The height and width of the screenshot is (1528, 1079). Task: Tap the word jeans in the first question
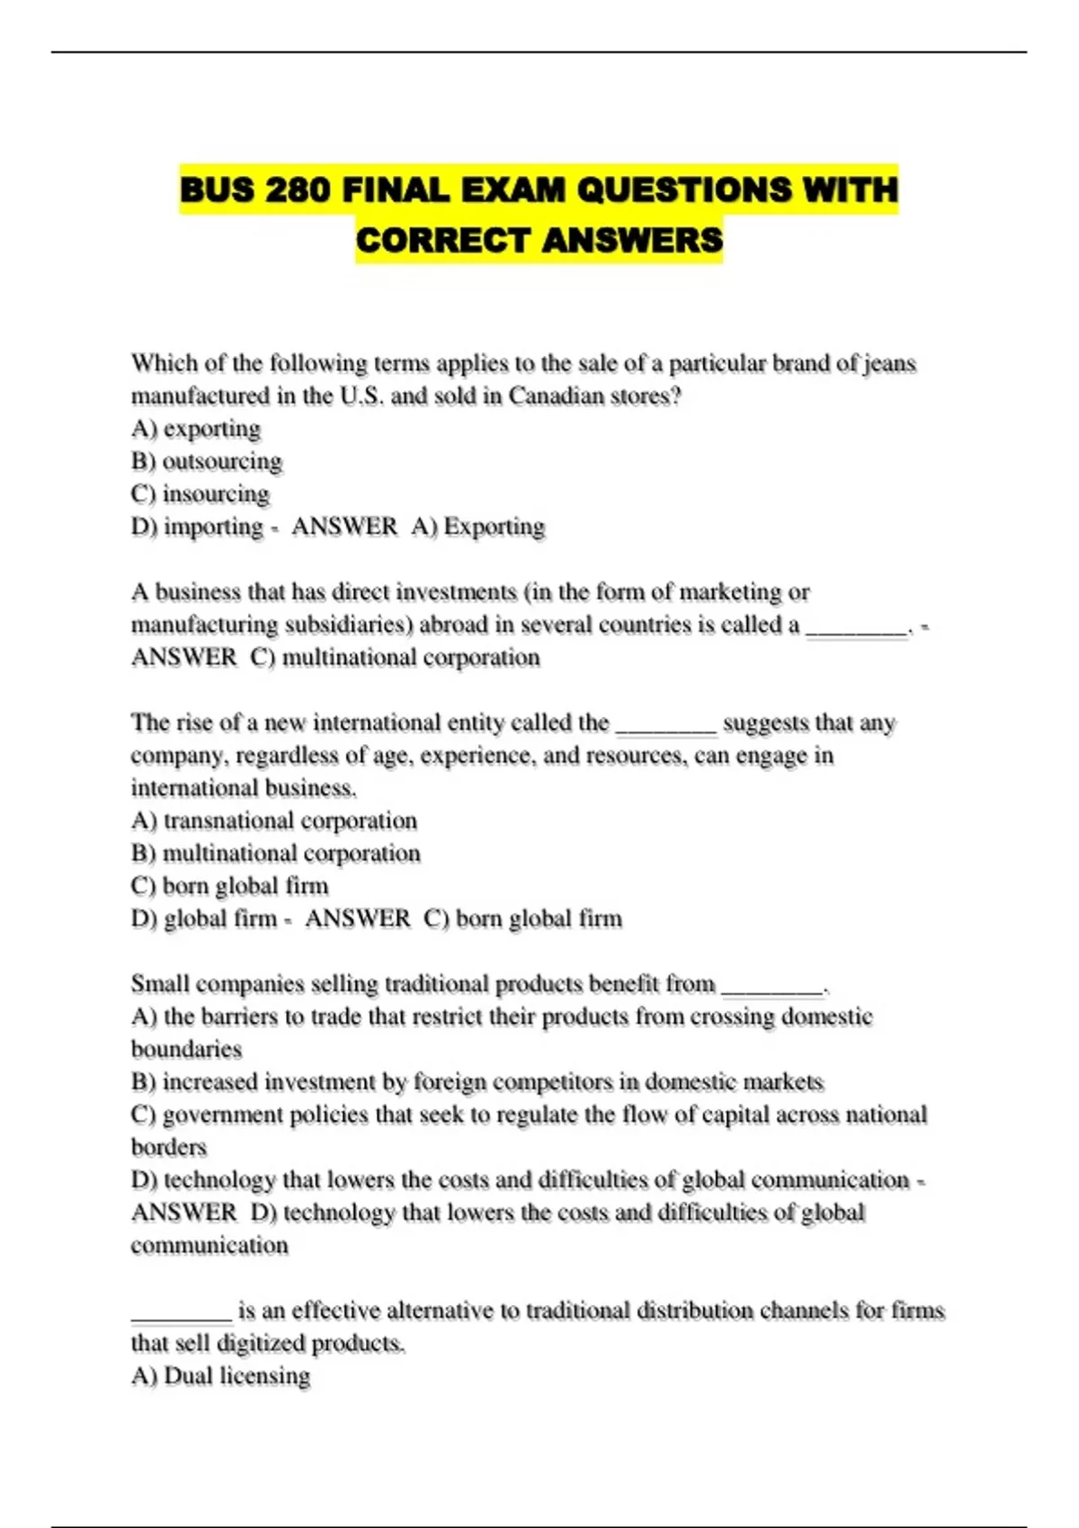tap(889, 363)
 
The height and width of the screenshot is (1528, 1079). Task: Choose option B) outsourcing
tap(207, 461)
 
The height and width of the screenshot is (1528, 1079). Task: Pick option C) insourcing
tap(201, 493)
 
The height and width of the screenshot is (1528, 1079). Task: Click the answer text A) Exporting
tap(478, 526)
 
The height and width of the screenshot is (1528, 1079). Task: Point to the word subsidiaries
tap(348, 624)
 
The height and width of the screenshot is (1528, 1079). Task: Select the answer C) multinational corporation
tap(396, 657)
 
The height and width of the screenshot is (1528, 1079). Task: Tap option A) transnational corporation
tap(274, 821)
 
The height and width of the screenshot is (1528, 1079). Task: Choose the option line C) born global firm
tap(230, 885)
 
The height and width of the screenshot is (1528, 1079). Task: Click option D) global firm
tap(204, 919)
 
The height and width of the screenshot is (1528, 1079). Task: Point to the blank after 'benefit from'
tap(772, 988)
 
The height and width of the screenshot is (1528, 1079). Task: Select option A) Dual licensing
tap(221, 1376)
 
